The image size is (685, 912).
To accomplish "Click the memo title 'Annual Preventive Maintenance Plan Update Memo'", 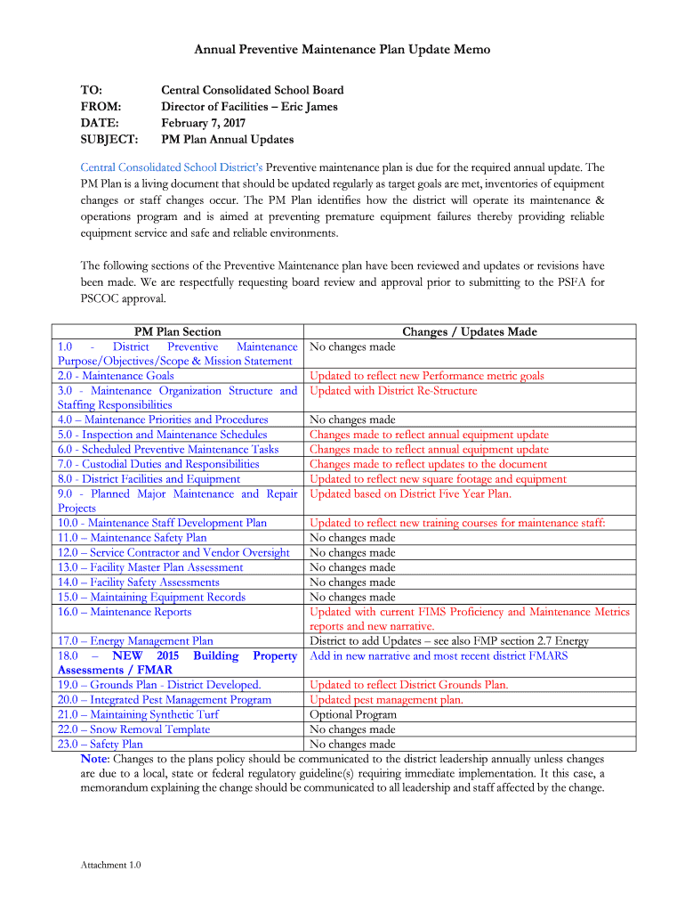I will (x=342, y=50).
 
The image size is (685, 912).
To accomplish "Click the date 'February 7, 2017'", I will (x=203, y=123).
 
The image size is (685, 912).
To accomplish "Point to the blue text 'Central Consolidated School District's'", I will (x=172, y=167).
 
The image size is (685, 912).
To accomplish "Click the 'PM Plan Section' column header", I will (x=177, y=331).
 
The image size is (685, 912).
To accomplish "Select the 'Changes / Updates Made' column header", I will (x=469, y=331).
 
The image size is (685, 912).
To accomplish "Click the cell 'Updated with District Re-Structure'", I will (x=393, y=390).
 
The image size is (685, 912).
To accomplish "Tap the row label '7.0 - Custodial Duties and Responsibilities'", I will (x=158, y=464).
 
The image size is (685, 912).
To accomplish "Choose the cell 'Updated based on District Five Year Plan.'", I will (x=410, y=493).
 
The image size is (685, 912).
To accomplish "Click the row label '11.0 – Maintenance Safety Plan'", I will (x=132, y=537).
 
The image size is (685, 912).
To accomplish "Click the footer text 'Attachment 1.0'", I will (x=110, y=865).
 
